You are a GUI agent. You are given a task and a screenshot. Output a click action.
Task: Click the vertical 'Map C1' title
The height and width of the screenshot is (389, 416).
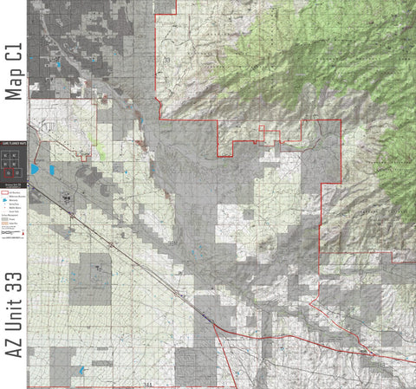pyautogui.click(x=13, y=68)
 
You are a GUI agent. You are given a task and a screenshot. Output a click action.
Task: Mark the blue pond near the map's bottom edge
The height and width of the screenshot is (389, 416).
pyautogui.click(x=82, y=371)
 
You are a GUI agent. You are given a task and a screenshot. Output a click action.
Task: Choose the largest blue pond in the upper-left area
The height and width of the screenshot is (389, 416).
pyautogui.click(x=58, y=64)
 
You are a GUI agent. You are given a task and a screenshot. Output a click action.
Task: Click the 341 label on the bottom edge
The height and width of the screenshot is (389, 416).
pyautogui.click(x=146, y=383)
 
